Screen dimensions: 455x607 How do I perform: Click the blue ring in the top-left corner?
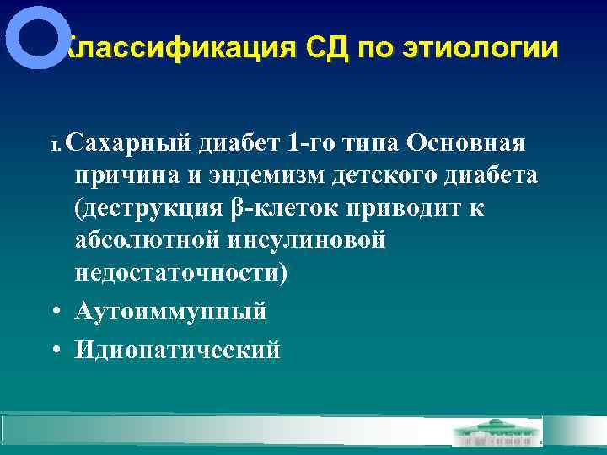pyautogui.click(x=36, y=38)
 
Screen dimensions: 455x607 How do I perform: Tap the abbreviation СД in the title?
pyautogui.click(x=327, y=48)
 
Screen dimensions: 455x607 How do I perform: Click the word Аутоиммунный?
pyautogui.click(x=170, y=312)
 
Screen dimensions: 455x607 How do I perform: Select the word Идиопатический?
pyautogui.click(x=177, y=349)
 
